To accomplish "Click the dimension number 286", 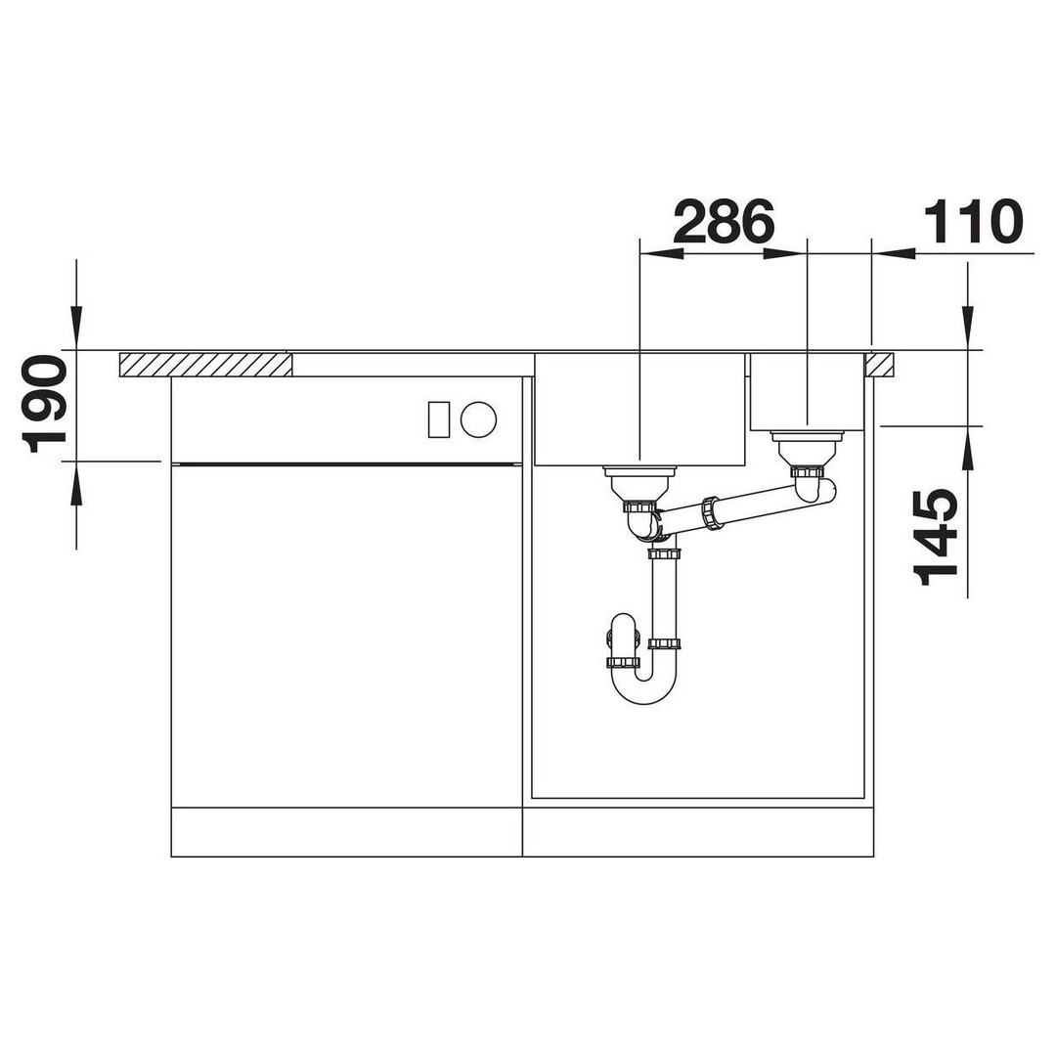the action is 724,221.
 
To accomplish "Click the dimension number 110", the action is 973,221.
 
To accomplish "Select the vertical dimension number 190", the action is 44,404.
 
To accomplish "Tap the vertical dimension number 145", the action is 935,537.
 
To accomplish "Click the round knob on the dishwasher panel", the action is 478,418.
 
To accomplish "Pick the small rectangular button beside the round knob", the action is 438,418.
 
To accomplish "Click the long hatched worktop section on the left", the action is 206,365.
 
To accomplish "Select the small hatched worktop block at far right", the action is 880,365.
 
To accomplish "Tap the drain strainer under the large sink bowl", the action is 638,481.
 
